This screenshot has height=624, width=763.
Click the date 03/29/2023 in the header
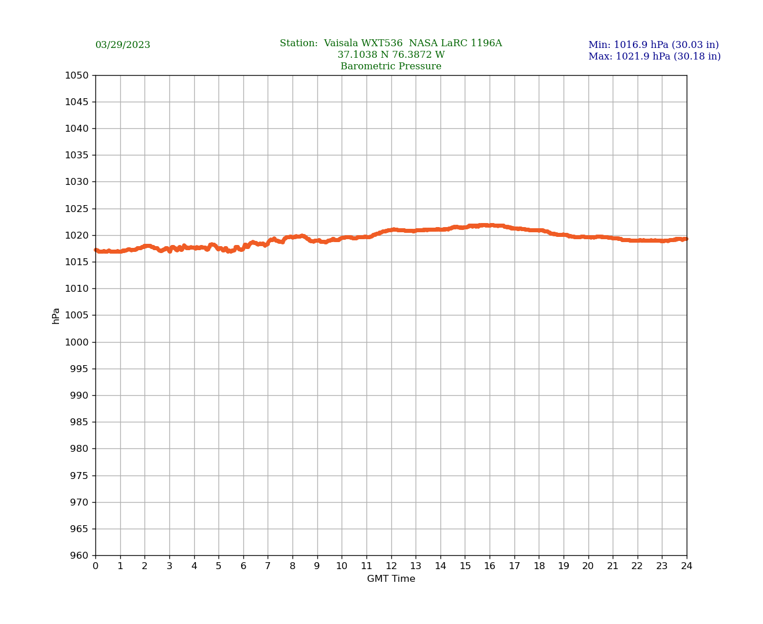point(123,45)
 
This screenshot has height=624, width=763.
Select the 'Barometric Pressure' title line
point(391,66)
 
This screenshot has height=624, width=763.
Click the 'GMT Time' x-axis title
point(391,579)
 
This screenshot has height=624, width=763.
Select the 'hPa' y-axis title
point(56,315)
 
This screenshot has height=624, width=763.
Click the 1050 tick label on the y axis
point(77,75)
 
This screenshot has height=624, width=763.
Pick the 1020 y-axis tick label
point(77,235)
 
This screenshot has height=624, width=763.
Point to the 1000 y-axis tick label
point(77,342)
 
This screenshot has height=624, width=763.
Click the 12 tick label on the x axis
point(391,566)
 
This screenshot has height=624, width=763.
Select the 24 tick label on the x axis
point(687,566)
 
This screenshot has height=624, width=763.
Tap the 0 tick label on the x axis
point(95,566)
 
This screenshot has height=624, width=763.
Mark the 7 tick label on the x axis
point(268,566)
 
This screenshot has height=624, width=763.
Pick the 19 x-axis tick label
point(564,566)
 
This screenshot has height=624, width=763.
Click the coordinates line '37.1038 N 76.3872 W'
point(391,55)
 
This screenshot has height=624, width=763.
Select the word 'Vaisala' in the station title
point(342,43)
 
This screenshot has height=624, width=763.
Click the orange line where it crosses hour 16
point(490,225)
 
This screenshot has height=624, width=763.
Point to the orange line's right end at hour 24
point(686,239)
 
